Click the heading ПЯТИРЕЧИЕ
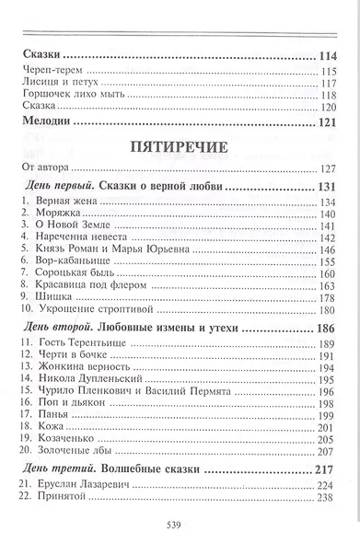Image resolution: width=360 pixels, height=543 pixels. click(x=180, y=145)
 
